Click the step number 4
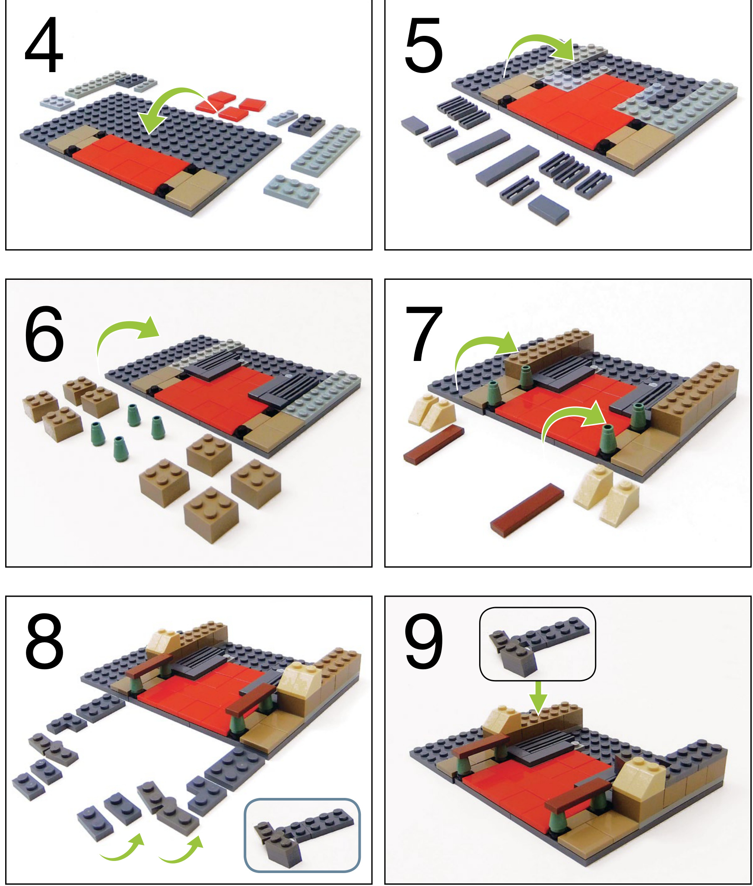[x=44, y=45]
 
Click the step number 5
[x=423, y=45]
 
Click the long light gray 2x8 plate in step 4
[x=326, y=149]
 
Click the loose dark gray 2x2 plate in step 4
[x=307, y=124]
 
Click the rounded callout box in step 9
[x=537, y=643]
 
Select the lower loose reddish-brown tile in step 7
[x=527, y=509]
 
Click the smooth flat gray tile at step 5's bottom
[x=548, y=209]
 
